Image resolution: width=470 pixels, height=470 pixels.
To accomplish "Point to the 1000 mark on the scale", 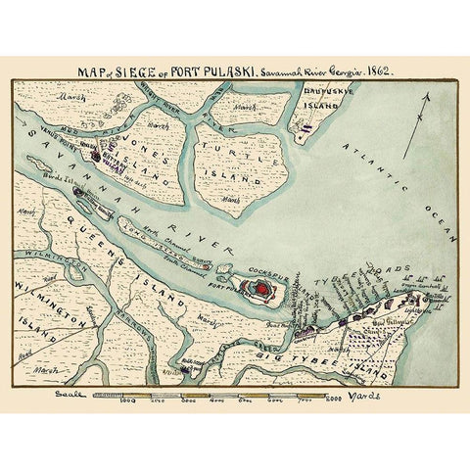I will pyautogui.click(x=126, y=399).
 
